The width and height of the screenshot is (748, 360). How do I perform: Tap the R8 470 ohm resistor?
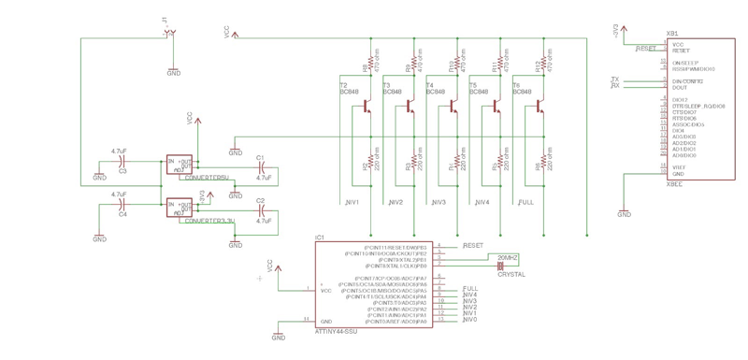coord(366,66)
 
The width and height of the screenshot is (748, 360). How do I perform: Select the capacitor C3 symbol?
coord(122,161)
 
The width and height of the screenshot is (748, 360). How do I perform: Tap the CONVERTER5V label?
coord(207,177)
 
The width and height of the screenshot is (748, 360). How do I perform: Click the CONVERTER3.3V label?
coord(210,222)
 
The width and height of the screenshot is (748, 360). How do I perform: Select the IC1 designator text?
coord(320,238)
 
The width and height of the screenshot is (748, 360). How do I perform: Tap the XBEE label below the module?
coord(673,184)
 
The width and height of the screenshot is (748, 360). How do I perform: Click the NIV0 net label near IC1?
coord(469,320)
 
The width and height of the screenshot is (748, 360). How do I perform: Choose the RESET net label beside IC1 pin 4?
coord(473,245)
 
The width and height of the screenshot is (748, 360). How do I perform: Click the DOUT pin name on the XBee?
coord(680,87)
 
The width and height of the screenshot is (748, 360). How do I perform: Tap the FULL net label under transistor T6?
coord(525,202)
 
